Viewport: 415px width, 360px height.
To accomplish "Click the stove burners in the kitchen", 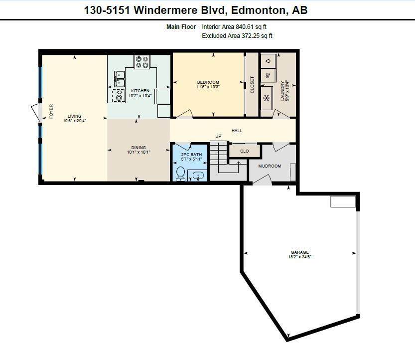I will click(x=141, y=62).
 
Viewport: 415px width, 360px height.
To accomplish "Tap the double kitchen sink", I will click(x=120, y=79).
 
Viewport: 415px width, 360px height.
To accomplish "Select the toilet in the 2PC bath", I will click(x=180, y=174).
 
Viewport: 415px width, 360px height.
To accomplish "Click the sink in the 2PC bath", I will click(x=198, y=176).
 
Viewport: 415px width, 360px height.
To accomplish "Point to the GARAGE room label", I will click(x=300, y=252).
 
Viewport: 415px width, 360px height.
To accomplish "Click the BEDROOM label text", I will click(x=208, y=82).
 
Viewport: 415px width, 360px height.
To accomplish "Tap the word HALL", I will click(x=237, y=131).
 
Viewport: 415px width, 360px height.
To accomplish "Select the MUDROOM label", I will click(x=270, y=166).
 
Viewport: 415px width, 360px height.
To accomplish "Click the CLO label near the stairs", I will click(x=244, y=151).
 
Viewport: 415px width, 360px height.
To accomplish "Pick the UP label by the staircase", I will click(x=218, y=136).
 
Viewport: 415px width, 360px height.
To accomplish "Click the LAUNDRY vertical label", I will click(x=282, y=91).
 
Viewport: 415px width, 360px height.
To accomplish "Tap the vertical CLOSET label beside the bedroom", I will click(x=252, y=84).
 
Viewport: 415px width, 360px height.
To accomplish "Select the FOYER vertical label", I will click(x=51, y=112).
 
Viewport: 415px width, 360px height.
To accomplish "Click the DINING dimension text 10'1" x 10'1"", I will click(x=138, y=152).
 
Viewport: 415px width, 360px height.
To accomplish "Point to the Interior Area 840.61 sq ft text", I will click(x=237, y=27).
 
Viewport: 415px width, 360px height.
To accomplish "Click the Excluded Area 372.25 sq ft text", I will click(x=237, y=36).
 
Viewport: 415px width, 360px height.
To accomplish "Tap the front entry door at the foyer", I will click(x=35, y=113).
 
